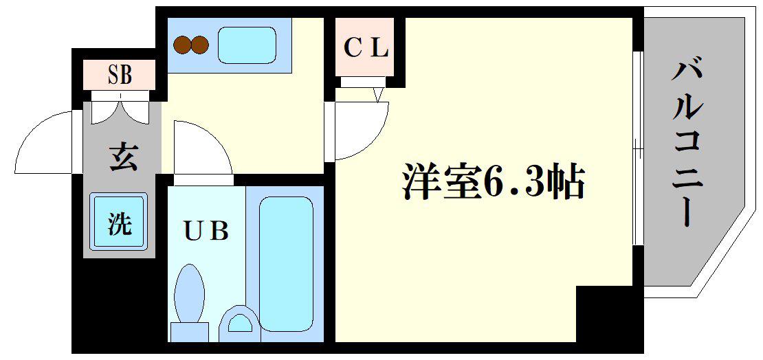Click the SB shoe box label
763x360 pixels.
[x=119, y=76]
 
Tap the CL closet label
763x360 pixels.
[x=366, y=47]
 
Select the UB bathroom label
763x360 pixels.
[x=206, y=232]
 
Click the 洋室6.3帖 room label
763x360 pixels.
[x=492, y=183]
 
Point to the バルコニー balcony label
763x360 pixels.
[x=687, y=143]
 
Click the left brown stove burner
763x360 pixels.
[x=182, y=45]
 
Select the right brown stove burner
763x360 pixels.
[x=200, y=45]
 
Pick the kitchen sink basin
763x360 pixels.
[x=247, y=45]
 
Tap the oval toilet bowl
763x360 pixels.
[x=189, y=294]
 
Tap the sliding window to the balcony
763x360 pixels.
[x=639, y=148]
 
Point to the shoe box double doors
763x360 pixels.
[x=119, y=110]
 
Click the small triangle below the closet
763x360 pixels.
[x=378, y=94]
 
